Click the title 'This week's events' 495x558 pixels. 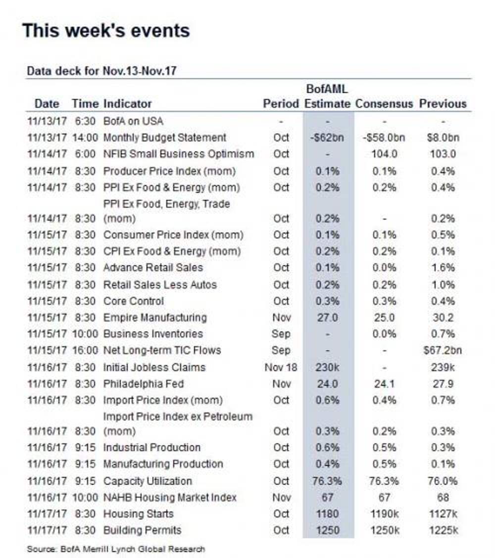106,30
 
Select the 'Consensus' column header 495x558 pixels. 384,103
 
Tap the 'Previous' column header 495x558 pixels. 443,103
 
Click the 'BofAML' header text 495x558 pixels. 327,89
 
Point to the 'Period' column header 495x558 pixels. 281,103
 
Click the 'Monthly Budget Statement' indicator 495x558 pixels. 164,138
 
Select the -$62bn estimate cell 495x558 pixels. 327,138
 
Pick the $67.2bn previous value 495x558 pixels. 443,350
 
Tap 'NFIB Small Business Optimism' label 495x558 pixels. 178,154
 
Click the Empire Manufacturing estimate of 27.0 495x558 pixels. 327,318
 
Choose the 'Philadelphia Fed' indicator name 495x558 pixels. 144,384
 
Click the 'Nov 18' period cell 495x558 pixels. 281,367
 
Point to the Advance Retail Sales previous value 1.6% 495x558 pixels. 443,268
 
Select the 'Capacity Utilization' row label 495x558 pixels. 148,481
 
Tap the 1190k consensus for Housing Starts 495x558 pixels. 384,513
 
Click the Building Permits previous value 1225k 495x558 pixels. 443,530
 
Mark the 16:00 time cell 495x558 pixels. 85,350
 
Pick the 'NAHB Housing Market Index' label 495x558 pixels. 170,497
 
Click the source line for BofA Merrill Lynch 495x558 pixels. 116,549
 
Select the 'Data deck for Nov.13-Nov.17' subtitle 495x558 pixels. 101,71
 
